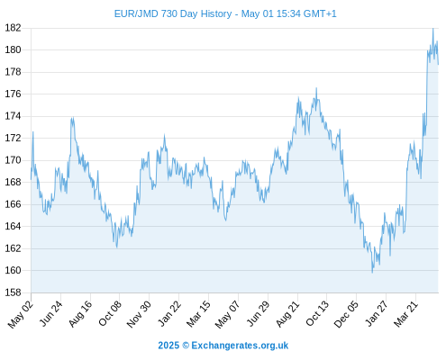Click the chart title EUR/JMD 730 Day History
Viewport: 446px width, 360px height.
click(x=173, y=13)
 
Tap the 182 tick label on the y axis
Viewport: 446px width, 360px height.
click(x=13, y=28)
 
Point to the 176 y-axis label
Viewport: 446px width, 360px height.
click(x=13, y=94)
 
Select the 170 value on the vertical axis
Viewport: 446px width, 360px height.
click(x=13, y=160)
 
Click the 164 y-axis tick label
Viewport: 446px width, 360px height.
click(x=13, y=226)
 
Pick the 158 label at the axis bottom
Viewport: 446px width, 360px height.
click(x=13, y=292)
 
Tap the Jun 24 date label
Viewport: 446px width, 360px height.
click(x=50, y=314)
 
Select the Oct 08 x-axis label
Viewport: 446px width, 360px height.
click(x=109, y=314)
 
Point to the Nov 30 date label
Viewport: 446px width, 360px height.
click(x=139, y=314)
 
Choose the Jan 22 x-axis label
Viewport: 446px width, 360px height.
click(x=168, y=314)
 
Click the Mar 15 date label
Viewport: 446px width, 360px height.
click(x=198, y=314)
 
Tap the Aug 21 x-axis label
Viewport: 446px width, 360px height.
click(x=287, y=314)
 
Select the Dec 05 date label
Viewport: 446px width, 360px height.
click(x=346, y=314)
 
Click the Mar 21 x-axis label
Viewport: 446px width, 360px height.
click(x=405, y=314)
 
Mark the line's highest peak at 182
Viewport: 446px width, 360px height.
click(x=432, y=29)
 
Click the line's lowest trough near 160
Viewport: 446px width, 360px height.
click(x=372, y=273)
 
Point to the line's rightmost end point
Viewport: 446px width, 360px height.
click(x=438, y=64)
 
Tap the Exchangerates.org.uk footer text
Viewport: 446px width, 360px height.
click(x=240, y=346)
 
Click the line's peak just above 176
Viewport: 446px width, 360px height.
click(x=316, y=88)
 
